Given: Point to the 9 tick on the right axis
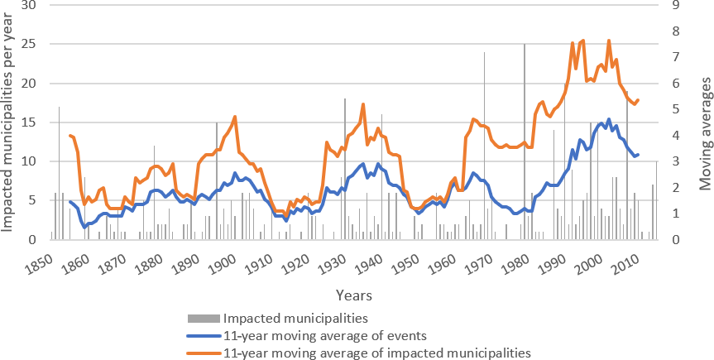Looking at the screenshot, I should click(x=678, y=5).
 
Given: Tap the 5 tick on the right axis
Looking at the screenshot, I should click(x=678, y=109).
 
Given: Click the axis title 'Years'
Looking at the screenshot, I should click(x=353, y=295).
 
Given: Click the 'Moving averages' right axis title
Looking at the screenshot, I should click(x=705, y=122).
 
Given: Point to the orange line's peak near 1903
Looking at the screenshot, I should click(x=236, y=117).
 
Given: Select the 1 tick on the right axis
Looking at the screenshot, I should click(x=678, y=214).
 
